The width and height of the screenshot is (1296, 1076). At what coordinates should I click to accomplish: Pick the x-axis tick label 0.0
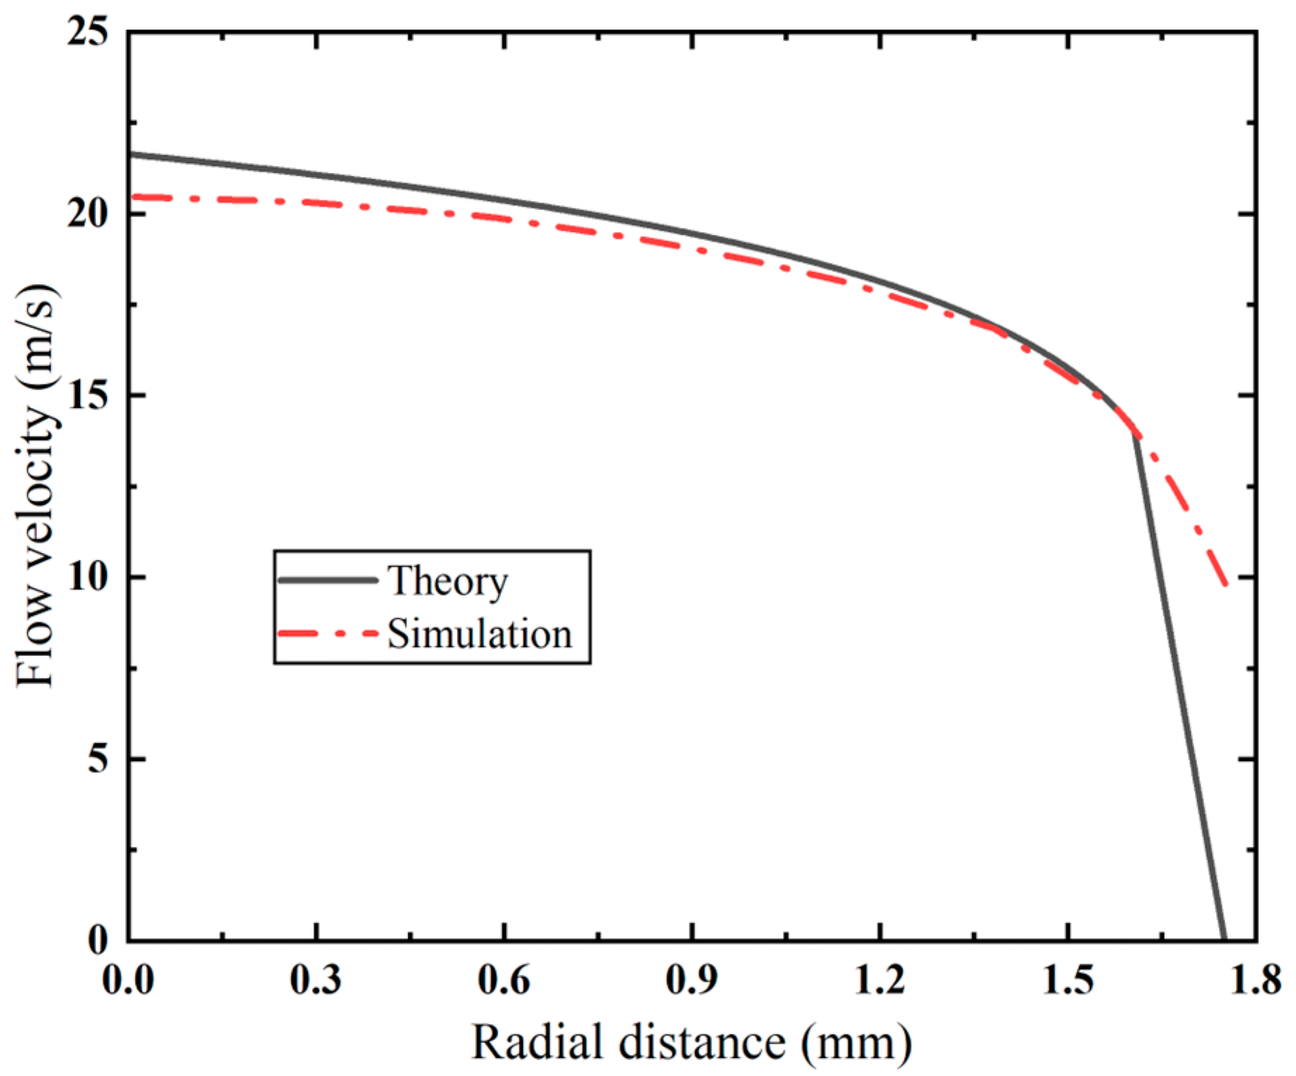tap(128, 979)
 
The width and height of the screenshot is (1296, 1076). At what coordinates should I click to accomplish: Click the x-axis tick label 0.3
tap(316, 979)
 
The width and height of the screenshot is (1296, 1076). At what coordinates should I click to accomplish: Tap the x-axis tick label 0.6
tap(504, 979)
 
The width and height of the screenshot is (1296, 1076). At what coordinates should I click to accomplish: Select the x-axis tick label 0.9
tap(692, 979)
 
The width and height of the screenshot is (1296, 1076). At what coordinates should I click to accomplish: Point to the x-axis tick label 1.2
tap(880, 979)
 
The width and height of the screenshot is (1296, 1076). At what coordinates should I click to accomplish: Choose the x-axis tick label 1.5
tap(1068, 979)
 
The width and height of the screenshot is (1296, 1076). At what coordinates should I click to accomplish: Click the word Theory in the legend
tap(448, 582)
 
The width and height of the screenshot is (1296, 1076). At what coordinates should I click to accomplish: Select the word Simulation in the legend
tap(480, 634)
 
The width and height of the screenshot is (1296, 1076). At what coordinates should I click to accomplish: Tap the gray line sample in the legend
tap(328, 580)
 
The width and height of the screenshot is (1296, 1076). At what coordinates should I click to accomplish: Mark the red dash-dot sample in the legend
tap(328, 634)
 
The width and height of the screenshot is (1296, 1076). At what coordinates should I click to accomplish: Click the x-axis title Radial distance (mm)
tap(692, 1042)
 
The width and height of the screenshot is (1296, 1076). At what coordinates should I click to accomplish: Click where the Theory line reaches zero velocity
tap(1224, 938)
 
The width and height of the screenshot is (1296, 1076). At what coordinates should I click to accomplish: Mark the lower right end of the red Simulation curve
tap(1226, 583)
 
